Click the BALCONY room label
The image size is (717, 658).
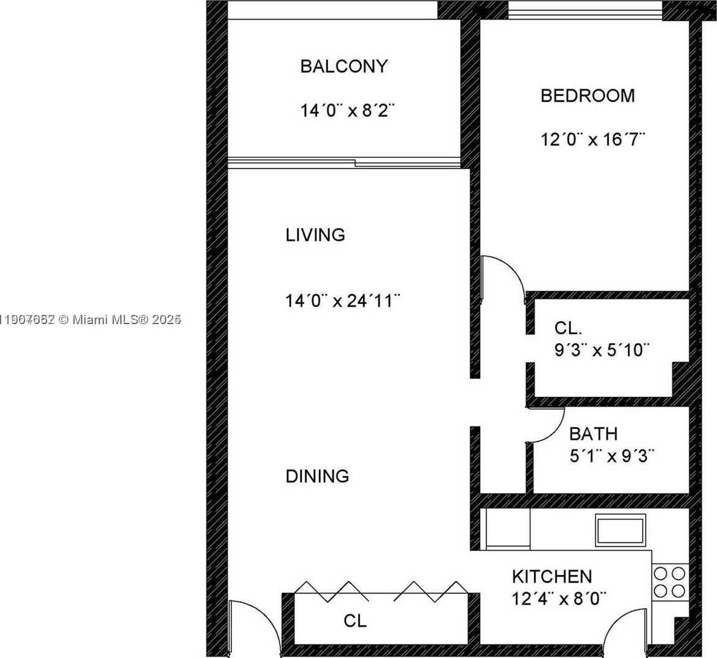(x=343, y=66)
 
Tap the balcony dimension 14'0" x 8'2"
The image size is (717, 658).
(x=347, y=111)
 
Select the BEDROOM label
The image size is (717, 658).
(x=587, y=96)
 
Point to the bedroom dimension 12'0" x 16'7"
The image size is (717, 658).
(x=593, y=140)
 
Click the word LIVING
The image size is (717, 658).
(x=315, y=235)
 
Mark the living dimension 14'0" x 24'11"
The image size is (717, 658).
(x=343, y=301)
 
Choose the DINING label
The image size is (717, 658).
(x=317, y=476)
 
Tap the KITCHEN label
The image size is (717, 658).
(x=552, y=577)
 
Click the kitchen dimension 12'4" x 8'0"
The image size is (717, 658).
(x=559, y=598)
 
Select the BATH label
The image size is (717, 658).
(x=593, y=434)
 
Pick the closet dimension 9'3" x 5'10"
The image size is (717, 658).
(x=601, y=350)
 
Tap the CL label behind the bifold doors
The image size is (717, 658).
(x=355, y=621)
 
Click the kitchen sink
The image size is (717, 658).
(x=620, y=530)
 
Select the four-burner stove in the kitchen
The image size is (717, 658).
(x=669, y=582)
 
